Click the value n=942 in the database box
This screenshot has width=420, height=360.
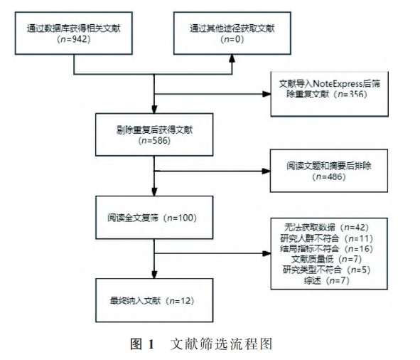tap(74, 39)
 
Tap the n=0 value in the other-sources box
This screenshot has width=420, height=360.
tap(232, 39)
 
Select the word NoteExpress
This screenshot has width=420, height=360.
tap(338, 84)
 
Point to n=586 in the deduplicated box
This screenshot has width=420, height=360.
tap(154, 141)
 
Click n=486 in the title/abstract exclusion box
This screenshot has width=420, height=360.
tap(329, 176)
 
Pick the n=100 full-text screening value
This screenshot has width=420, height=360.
tap(182, 218)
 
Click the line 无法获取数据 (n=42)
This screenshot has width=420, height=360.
tap(326, 228)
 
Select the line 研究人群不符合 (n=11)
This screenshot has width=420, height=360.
tap(327, 238)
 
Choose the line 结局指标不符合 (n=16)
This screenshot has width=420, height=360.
tap(327, 249)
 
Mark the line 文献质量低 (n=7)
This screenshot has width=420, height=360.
tap(326, 259)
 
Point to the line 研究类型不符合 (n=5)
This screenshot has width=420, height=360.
tap(327, 270)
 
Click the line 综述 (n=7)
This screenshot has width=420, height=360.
tap(327, 280)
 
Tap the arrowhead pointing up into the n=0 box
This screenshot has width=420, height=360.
tap(232, 59)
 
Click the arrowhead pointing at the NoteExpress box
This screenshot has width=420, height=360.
tap(266, 94)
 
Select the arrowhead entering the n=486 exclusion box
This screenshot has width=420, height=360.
tap(266, 171)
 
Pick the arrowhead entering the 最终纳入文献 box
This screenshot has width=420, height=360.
tap(154, 275)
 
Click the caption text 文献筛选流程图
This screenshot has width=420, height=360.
tap(221, 344)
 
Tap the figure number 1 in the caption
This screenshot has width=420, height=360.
tap(151, 344)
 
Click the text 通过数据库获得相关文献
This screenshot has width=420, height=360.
tap(74, 28)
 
